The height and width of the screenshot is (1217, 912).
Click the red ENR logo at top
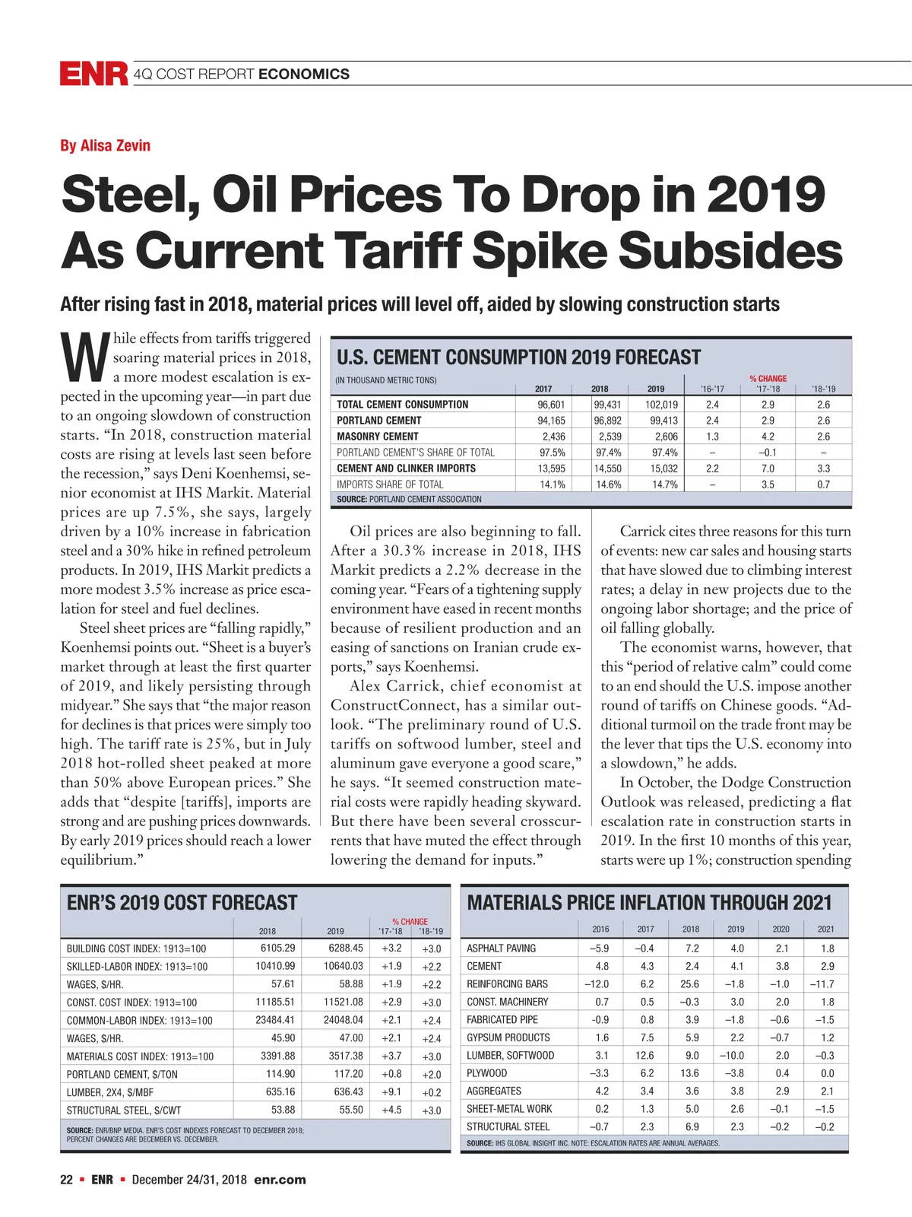[93, 74]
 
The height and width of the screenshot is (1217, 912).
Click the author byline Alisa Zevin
[105, 145]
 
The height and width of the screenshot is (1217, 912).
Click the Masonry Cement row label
[378, 437]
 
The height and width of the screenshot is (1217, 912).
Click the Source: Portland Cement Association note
[409, 499]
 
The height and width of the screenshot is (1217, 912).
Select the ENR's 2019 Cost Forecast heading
[182, 903]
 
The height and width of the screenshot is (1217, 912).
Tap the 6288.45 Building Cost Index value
[346, 948]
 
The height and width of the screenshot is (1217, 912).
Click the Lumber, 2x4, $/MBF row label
[110, 1092]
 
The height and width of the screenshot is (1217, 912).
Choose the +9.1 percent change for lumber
[391, 1092]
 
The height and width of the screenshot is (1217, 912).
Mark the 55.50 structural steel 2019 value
[351, 1110]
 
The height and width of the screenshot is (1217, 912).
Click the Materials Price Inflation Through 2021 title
[649, 903]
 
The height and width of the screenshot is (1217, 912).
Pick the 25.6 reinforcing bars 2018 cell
[689, 983]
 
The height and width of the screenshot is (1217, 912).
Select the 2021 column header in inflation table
[825, 929]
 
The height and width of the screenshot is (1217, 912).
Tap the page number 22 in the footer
[67, 1180]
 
